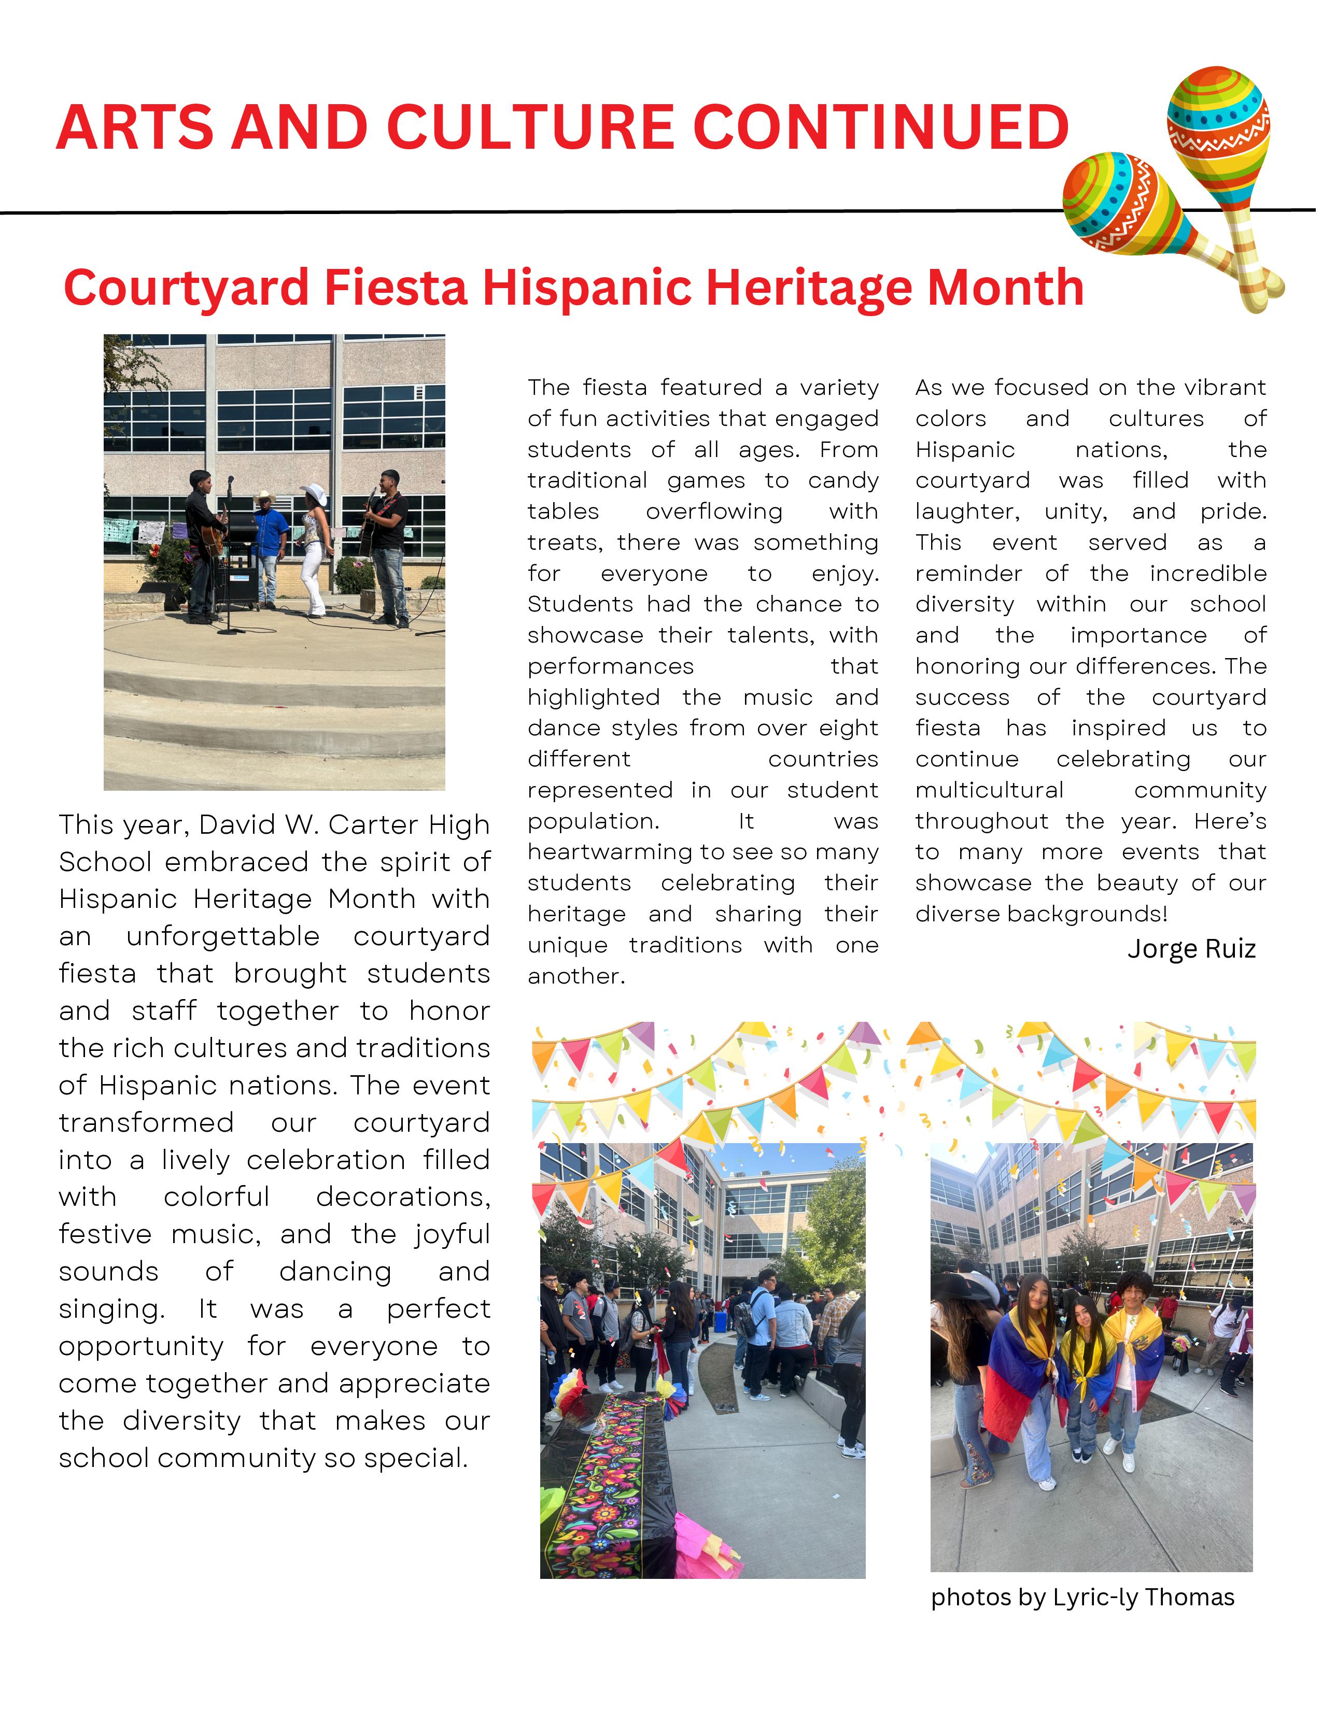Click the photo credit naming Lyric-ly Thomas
(x=1082, y=1597)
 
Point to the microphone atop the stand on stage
(x=230, y=481)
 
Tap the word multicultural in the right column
(x=989, y=790)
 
